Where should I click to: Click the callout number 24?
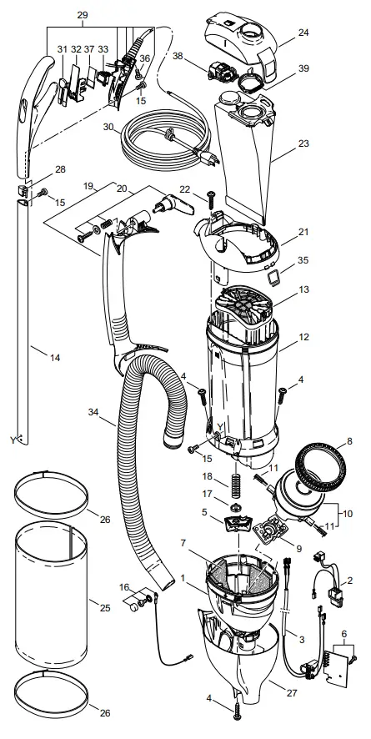point(303,34)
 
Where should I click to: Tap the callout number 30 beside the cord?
point(107,127)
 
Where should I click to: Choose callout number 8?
point(350,441)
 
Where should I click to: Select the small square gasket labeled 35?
point(272,272)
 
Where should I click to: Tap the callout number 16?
point(125,588)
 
